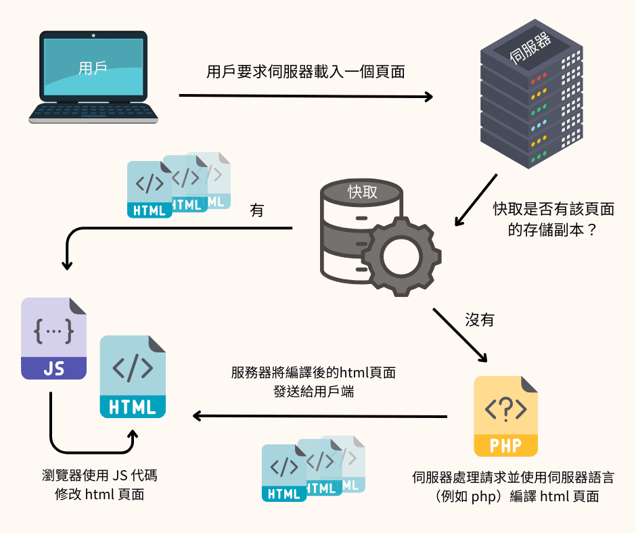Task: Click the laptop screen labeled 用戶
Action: [x=93, y=68]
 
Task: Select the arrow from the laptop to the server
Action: [x=304, y=96]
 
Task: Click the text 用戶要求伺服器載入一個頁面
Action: [x=305, y=72]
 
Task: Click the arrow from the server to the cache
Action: [x=476, y=200]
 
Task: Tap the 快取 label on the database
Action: [x=362, y=191]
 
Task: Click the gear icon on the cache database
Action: [x=401, y=256]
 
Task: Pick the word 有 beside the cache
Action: [x=256, y=210]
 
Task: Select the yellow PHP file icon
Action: [x=505, y=416]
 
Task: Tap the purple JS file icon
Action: [x=53, y=338]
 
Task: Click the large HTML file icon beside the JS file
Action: [x=133, y=377]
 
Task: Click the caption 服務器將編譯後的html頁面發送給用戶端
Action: [x=313, y=381]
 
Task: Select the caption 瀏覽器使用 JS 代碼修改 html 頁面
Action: [x=99, y=484]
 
